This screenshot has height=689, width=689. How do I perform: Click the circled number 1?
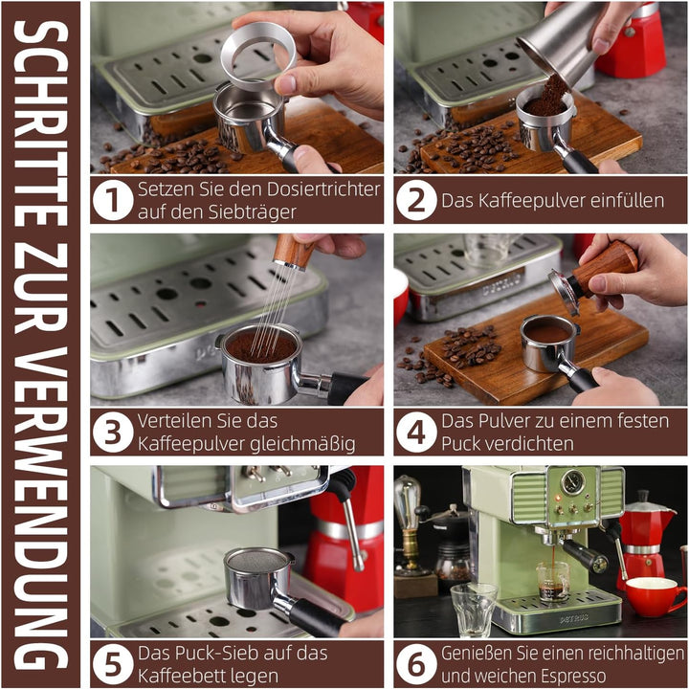[x=113, y=201]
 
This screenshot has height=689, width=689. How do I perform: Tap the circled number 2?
[x=416, y=201]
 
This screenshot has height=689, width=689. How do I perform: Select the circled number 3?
[x=113, y=433]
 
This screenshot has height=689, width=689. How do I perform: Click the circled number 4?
[x=416, y=433]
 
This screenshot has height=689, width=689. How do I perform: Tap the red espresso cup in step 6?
[x=655, y=595]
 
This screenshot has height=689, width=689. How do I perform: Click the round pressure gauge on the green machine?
[x=571, y=482]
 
